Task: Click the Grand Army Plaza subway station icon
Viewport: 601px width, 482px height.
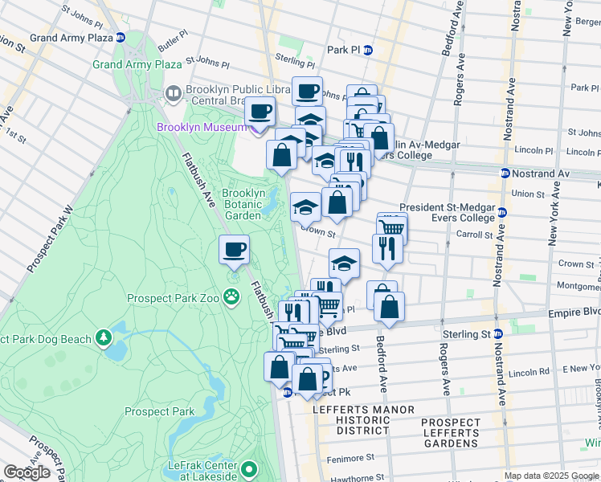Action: click(120, 37)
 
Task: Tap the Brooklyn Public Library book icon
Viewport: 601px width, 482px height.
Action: click(172, 95)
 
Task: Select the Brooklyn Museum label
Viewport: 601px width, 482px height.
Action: click(204, 127)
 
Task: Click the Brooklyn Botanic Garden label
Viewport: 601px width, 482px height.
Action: click(243, 204)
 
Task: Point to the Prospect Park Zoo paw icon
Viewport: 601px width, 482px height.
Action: click(231, 298)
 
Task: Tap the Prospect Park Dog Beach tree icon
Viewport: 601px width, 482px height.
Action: click(104, 339)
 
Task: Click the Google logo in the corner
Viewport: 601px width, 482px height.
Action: click(27, 472)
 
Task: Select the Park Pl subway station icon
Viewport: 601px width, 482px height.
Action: click(368, 50)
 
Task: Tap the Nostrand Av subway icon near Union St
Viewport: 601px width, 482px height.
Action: click(505, 174)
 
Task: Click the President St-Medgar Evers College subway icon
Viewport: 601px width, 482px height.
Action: click(501, 212)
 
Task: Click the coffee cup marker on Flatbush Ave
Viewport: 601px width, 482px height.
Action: click(234, 249)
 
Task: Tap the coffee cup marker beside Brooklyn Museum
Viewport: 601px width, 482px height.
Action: click(259, 111)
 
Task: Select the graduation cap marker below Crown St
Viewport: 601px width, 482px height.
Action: click(343, 262)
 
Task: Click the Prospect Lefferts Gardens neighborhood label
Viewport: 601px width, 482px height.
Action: click(450, 432)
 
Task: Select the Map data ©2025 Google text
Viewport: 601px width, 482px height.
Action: click(552, 476)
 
